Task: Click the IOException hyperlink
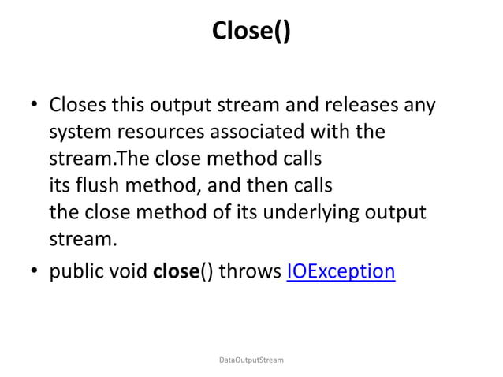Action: (x=341, y=272)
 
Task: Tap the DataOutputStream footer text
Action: (x=251, y=360)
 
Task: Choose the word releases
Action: (x=352, y=106)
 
